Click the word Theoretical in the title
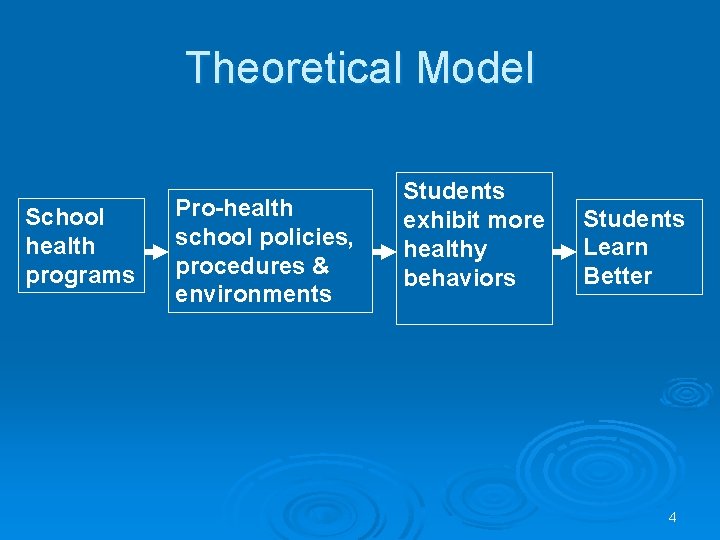(295, 69)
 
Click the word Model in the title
(475, 69)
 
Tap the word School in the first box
(65, 217)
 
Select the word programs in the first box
(80, 275)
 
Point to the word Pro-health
(234, 208)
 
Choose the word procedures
(237, 266)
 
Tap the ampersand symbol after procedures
(320, 266)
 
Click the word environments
(253, 294)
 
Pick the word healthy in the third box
(445, 249)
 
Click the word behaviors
(459, 278)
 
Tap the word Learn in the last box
(616, 247)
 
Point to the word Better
(618, 276)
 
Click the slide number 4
(672, 517)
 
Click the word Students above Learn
(634, 219)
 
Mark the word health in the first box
(60, 246)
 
